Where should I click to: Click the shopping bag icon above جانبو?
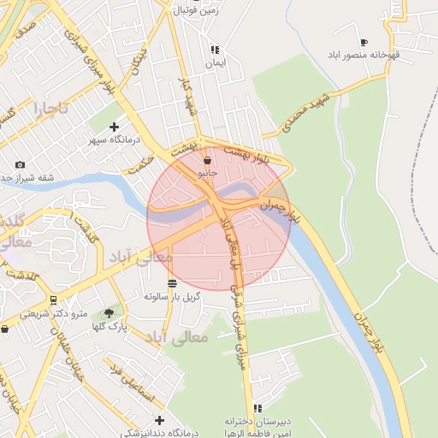[207, 160]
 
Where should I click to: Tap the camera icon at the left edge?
[20, 164]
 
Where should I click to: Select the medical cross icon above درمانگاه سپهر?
[114, 127]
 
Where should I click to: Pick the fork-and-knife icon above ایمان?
[215, 50]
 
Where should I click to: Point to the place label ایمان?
[214, 63]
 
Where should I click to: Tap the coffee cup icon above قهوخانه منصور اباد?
[364, 42]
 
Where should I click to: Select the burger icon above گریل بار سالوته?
[172, 283]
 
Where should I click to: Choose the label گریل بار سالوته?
[172, 296]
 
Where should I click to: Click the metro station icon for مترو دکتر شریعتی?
[53, 300]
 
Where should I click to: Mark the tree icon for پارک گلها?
[108, 313]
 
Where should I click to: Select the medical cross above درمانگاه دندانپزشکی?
[159, 420]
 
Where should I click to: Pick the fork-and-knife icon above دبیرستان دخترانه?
[257, 408]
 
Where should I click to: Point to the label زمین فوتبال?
[198, 10]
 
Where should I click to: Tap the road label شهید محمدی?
[295, 115]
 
